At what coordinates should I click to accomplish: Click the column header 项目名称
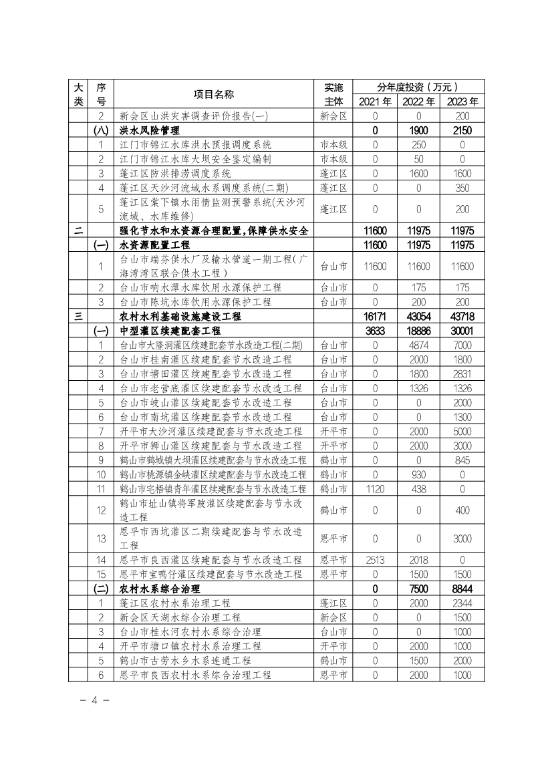[x=213, y=94]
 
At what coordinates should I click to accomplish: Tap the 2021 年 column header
[x=375, y=102]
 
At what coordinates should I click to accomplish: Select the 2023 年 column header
[x=462, y=102]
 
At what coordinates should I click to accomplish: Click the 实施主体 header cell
[x=333, y=94]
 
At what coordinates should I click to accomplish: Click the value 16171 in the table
[x=375, y=316]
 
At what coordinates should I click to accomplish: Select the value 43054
[x=418, y=316]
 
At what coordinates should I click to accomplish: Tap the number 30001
[x=462, y=331]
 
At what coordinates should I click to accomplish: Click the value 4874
[x=418, y=345]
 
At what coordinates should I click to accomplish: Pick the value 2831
[x=462, y=373]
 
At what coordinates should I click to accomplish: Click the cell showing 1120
[x=375, y=489]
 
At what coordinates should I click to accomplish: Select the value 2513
[x=375, y=560]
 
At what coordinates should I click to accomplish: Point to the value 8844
[x=462, y=589]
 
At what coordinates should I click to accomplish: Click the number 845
[x=462, y=460]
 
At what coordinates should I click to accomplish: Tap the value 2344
[x=462, y=603]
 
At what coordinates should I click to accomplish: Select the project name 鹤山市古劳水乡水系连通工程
[x=185, y=661]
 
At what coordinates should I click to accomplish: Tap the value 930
[x=418, y=474]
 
